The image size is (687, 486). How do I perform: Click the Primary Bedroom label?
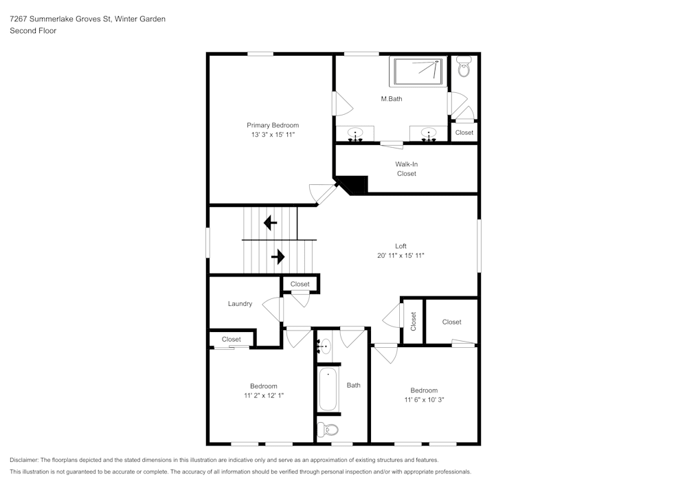click(x=273, y=125)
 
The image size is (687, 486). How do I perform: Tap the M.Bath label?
click(x=392, y=99)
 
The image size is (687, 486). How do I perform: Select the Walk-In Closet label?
click(x=407, y=168)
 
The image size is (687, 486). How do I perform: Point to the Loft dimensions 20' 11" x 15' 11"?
click(x=401, y=256)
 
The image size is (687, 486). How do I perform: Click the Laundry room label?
click(x=240, y=304)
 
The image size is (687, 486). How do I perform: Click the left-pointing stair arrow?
click(x=270, y=223)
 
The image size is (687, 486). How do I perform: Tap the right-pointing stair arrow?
click(x=278, y=256)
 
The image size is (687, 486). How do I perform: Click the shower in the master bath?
click(x=418, y=71)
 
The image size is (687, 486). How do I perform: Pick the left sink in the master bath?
click(x=355, y=133)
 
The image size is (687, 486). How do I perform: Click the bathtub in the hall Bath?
click(x=328, y=388)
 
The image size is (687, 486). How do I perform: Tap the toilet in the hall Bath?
click(x=328, y=430)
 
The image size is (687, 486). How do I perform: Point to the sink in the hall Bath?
click(x=324, y=346)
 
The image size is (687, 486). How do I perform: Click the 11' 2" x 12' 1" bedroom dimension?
click(x=264, y=395)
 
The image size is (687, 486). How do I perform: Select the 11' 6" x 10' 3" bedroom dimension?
click(x=424, y=399)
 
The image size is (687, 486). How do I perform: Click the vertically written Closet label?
click(x=413, y=322)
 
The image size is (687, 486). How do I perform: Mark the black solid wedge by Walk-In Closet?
click(x=354, y=184)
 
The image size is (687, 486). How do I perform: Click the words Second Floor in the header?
click(x=33, y=31)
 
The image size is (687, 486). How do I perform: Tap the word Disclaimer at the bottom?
click(x=23, y=460)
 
